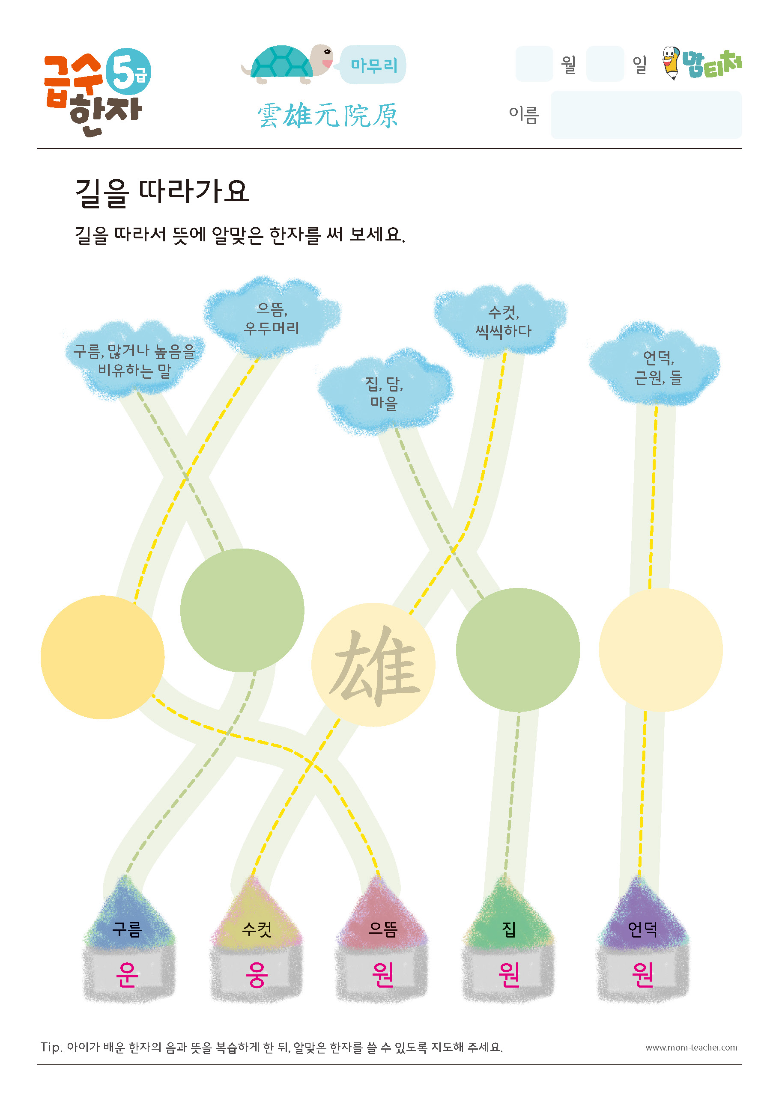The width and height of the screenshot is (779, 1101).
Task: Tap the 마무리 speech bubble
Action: pyautogui.click(x=373, y=65)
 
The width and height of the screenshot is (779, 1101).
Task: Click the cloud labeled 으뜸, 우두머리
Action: pyautogui.click(x=272, y=317)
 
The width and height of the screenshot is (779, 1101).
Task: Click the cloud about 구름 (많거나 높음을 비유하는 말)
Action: pyautogui.click(x=134, y=359)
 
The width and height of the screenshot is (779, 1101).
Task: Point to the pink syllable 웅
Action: pyautogui.click(x=257, y=974)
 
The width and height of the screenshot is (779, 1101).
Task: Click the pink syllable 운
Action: pyautogui.click(x=128, y=974)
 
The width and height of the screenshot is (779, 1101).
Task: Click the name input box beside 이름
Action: pyautogui.click(x=646, y=115)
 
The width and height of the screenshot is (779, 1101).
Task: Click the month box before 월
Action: pyautogui.click(x=534, y=64)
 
